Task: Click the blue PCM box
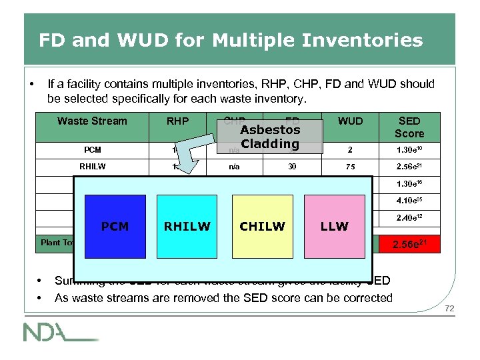[115, 226]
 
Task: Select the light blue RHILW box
[187, 226]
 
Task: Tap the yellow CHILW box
[262, 226]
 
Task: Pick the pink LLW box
[334, 226]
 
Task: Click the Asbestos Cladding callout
[270, 137]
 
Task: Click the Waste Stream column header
[92, 121]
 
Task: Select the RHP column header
[177, 121]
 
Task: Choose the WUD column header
[350, 121]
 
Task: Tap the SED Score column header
[409, 126]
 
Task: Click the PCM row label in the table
[92, 150]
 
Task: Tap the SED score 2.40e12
[409, 217]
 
